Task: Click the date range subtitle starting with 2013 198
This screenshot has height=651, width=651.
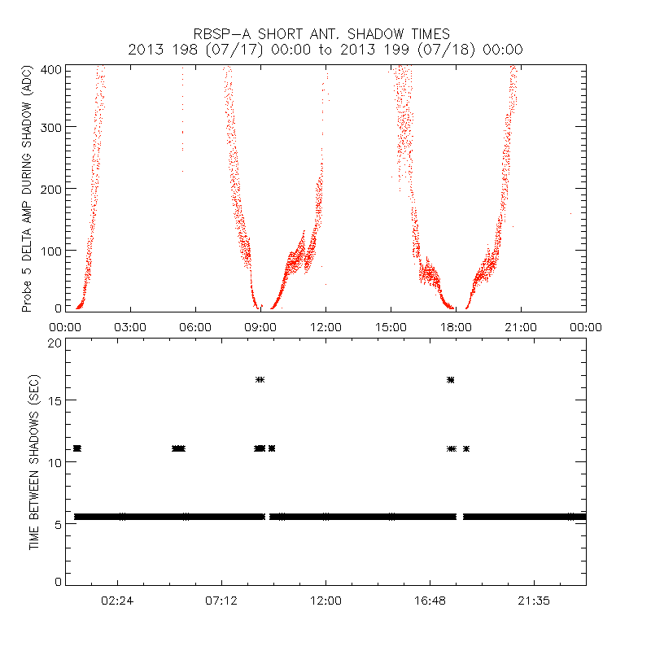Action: (325, 50)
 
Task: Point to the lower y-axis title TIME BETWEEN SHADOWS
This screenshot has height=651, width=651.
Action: (34, 463)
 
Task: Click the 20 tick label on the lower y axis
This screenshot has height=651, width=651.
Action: (53, 343)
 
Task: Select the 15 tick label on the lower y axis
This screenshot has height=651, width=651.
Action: (53, 400)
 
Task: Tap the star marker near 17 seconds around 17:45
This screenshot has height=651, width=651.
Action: (450, 380)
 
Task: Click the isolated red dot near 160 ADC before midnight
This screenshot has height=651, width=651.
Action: (570, 213)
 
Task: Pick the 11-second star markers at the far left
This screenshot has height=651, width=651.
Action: (77, 448)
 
